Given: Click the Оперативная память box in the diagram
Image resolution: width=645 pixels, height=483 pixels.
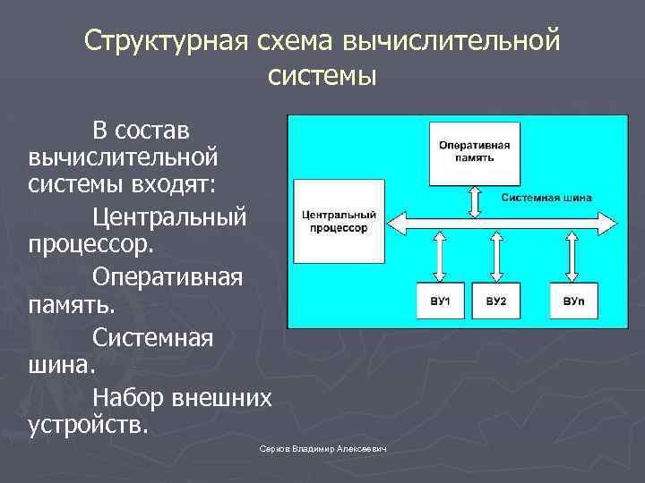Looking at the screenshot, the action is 475,149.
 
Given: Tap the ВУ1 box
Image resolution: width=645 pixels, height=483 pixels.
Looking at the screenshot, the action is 440,301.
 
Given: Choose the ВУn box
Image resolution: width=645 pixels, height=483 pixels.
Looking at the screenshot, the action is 574,301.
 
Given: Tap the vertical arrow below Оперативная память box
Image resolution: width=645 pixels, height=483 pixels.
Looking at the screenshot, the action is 475,199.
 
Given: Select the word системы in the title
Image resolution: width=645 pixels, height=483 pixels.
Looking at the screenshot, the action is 322,75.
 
